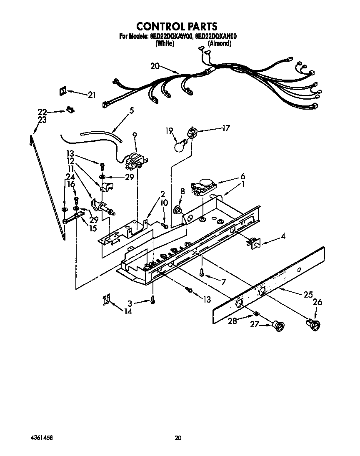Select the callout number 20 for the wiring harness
[155, 66]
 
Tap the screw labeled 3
[153, 299]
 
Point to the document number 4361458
[41, 438]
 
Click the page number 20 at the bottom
[178, 438]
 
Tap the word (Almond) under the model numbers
[219, 43]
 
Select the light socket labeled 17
[192, 133]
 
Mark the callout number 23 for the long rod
[42, 120]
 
